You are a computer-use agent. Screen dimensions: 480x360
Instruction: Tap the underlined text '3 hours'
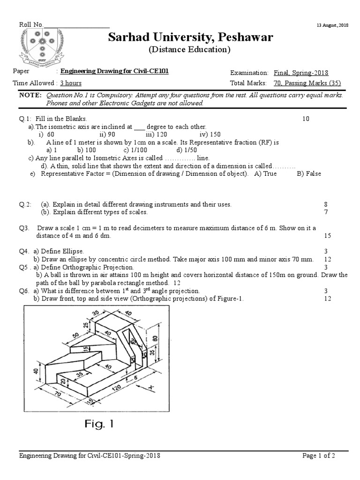71,83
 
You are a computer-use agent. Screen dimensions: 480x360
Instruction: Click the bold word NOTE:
30,95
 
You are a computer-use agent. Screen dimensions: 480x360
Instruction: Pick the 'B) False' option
309,173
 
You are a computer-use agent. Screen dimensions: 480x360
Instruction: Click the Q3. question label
24,228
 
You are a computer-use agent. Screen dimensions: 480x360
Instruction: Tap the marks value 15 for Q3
327,236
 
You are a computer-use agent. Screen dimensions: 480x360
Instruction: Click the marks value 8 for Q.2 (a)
325,204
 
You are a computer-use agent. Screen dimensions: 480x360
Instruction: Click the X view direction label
151,387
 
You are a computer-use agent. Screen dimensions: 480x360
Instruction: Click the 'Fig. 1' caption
99,425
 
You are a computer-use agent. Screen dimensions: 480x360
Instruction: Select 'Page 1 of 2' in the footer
319,456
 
